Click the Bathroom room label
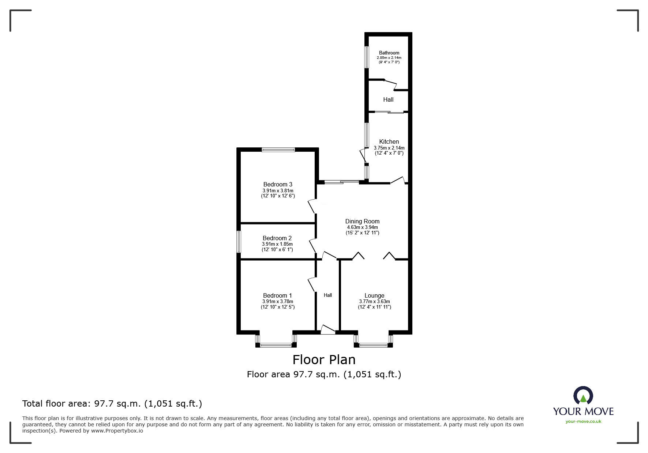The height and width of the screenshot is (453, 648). [x=389, y=53]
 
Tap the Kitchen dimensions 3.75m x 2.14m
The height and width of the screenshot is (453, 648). [x=389, y=148]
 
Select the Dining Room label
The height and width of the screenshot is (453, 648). [x=362, y=221]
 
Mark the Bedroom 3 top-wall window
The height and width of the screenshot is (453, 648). [x=278, y=149]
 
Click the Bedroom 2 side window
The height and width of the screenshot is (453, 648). [x=239, y=241]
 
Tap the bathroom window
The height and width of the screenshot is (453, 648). [x=366, y=57]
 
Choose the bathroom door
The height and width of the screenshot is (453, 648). [x=390, y=84]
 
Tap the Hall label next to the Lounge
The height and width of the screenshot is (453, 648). [x=327, y=295]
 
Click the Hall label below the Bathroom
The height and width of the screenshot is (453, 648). [x=388, y=99]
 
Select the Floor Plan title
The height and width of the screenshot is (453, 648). [x=324, y=360]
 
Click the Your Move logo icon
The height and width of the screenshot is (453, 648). [x=583, y=395]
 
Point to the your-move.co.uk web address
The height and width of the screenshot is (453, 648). [x=583, y=422]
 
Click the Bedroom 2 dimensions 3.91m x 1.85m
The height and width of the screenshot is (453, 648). [x=277, y=244]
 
